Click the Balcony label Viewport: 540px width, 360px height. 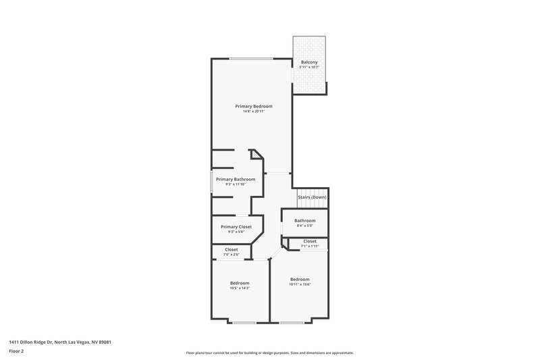[x=309, y=62]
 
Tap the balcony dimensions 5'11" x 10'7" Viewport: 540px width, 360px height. [x=309, y=68]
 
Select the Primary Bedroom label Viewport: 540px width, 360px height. [x=253, y=106]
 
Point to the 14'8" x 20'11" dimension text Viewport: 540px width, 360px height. [x=253, y=111]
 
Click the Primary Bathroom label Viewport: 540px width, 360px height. [x=236, y=179]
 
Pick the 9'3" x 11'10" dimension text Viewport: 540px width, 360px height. [x=236, y=184]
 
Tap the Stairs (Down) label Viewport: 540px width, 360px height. [x=313, y=197]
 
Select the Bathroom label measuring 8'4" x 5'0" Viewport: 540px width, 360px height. [x=305, y=220]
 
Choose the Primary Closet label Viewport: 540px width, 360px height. [x=236, y=226]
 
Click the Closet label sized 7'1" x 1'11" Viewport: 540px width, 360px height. [x=310, y=241]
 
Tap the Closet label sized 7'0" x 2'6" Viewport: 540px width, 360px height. [x=231, y=249]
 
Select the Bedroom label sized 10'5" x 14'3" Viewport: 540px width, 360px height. [x=240, y=282]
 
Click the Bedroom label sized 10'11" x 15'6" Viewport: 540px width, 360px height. [x=300, y=279]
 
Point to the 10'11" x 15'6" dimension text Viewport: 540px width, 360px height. [x=300, y=284]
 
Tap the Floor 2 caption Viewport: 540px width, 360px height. [x=17, y=351]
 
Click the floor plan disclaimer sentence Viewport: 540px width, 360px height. [x=269, y=353]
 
